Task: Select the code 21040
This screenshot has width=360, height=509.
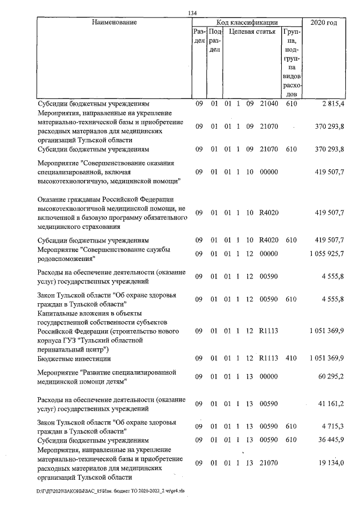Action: click(269, 103)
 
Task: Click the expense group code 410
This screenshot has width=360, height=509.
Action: click(291, 358)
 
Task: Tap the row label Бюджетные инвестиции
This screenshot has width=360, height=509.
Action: click(74, 358)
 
